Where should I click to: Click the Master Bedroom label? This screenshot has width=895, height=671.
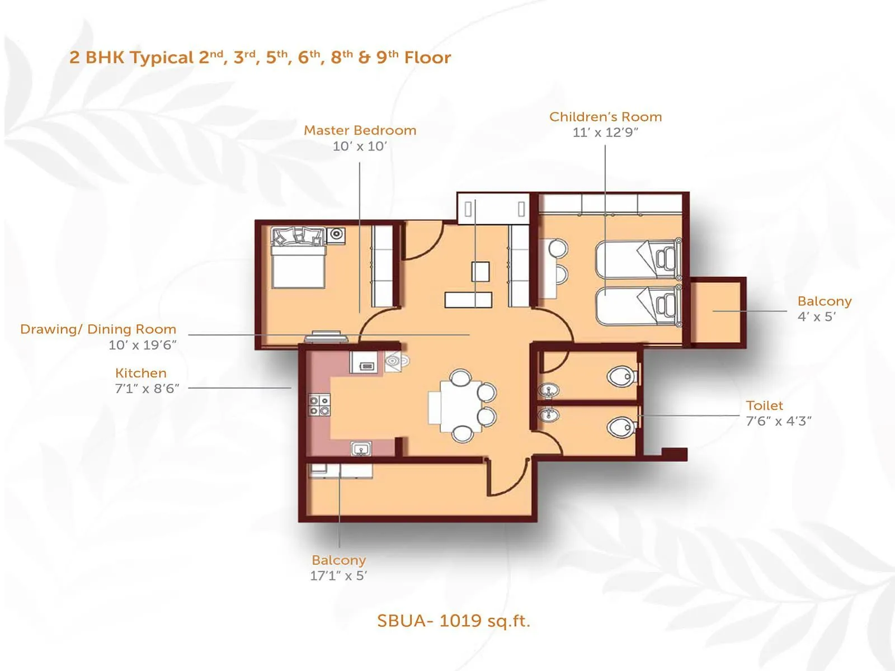(x=360, y=130)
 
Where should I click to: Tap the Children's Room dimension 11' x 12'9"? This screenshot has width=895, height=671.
(x=605, y=133)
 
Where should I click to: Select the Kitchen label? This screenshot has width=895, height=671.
(x=140, y=373)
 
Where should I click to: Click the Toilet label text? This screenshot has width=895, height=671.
(x=764, y=405)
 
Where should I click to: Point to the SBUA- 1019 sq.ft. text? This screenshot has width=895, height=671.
(x=453, y=621)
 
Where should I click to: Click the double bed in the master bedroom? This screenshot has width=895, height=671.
(x=298, y=263)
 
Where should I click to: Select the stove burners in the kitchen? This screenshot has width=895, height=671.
(x=319, y=405)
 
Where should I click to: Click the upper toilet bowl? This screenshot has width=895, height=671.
(x=621, y=376)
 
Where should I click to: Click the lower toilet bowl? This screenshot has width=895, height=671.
(x=621, y=428)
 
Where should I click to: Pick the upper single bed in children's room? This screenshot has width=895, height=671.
(x=638, y=259)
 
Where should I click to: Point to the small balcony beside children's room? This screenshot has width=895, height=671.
(x=716, y=311)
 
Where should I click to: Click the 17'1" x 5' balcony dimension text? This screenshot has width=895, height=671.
(x=338, y=576)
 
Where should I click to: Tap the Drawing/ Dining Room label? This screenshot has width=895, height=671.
(x=98, y=329)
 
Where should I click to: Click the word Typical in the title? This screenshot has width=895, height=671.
(x=162, y=58)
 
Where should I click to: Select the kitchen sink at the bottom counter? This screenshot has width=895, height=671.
(x=361, y=448)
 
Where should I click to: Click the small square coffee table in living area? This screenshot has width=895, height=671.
(x=480, y=272)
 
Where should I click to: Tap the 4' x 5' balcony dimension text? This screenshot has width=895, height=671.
(x=816, y=316)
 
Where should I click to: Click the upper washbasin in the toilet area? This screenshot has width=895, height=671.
(x=549, y=390)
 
